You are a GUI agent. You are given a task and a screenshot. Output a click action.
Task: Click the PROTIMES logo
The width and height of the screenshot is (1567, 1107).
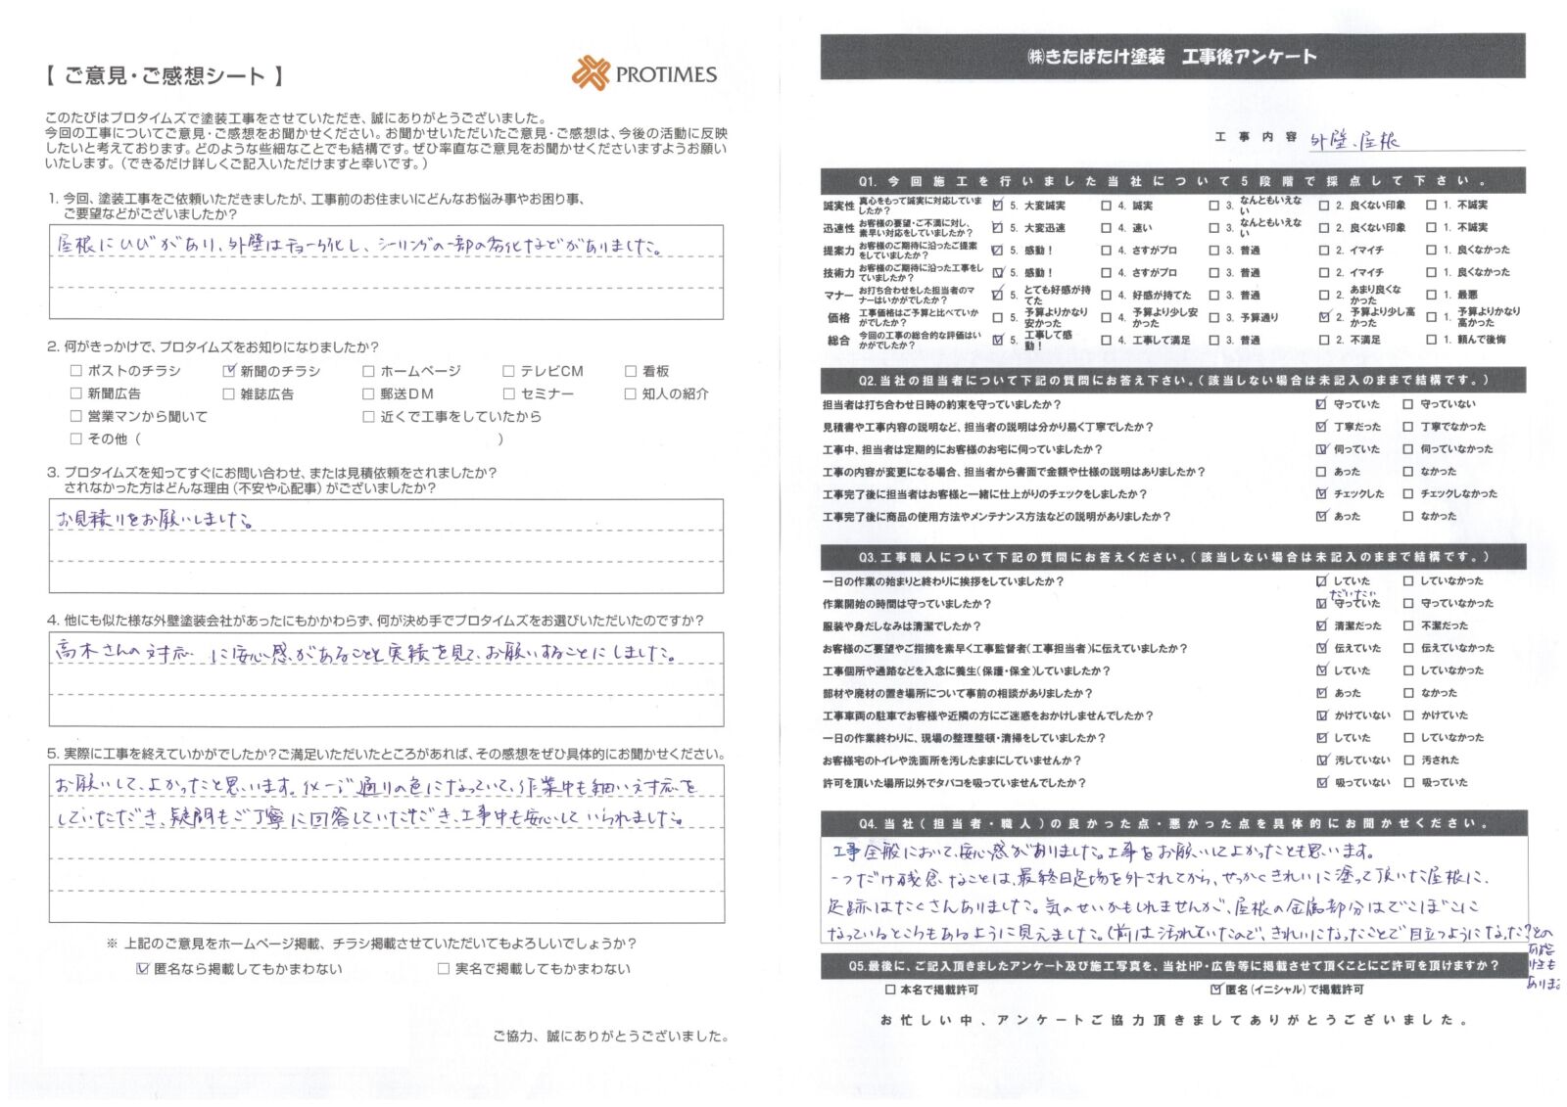644,73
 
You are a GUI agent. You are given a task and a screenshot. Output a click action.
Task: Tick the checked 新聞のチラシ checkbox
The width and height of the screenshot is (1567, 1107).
229,371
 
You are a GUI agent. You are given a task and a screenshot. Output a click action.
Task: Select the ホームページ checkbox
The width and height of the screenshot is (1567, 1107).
368,371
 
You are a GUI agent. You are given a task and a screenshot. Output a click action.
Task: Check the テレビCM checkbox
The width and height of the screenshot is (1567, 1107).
508,371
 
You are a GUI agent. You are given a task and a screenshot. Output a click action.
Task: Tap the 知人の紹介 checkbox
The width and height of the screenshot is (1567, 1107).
630,393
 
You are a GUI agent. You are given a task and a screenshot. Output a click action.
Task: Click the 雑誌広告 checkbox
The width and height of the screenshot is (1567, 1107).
229,393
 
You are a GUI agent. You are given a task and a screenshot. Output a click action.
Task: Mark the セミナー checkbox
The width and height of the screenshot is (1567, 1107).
508,393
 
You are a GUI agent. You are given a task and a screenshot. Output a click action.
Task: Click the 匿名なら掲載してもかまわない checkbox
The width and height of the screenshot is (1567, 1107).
143,969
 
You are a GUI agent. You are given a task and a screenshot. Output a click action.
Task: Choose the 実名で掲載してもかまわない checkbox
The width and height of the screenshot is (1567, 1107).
444,969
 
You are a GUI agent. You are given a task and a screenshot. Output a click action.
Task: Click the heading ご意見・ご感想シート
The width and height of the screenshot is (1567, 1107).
165,76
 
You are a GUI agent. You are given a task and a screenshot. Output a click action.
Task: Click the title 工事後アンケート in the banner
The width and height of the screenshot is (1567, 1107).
1249,57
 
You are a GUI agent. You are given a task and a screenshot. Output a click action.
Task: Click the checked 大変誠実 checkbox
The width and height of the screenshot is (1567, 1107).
998,206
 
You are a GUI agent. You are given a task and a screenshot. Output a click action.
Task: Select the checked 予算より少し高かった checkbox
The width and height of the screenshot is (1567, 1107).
1324,317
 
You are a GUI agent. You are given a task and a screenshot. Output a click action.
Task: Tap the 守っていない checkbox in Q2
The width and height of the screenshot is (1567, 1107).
1408,404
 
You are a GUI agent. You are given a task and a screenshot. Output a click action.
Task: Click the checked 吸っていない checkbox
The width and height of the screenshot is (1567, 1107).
1322,783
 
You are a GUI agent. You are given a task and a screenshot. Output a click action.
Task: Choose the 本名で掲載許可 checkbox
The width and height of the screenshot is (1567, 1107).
889,990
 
